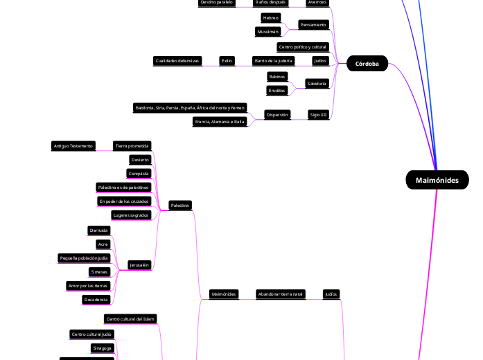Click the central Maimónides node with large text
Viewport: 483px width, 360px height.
tap(437, 180)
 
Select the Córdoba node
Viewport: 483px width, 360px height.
tap(367, 63)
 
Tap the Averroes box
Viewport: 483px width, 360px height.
tap(317, 3)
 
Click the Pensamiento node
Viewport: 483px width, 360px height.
tap(313, 25)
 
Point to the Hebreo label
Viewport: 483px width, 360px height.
tap(271, 17)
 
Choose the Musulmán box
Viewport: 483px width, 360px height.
tap(268, 32)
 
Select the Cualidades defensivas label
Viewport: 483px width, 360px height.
tap(177, 61)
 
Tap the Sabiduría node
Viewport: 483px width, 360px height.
tap(316, 84)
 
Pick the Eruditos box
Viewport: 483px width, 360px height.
tap(276, 91)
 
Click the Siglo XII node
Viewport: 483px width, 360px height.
tap(319, 114)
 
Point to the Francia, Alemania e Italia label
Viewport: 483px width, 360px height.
tap(220, 122)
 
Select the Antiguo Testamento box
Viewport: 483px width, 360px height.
tap(73, 146)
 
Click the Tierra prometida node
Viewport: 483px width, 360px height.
tap(132, 146)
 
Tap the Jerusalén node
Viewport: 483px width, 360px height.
tap(141, 265)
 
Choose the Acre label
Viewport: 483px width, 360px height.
tap(103, 244)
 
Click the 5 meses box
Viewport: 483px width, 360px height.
tap(99, 272)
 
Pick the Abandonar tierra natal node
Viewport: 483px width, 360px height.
tap(280, 294)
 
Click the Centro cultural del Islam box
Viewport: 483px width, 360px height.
tap(130, 319)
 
